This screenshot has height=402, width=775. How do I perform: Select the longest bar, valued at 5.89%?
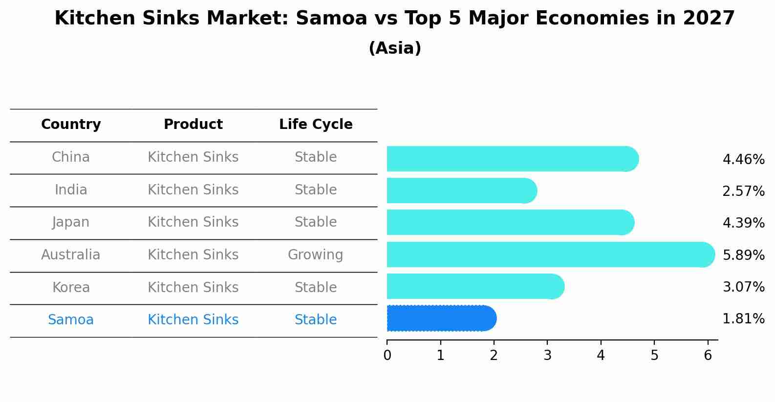(x=550, y=254)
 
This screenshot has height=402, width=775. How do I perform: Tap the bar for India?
(x=461, y=190)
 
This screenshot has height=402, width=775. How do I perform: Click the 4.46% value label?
(x=743, y=160)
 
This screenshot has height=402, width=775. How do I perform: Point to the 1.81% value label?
(x=743, y=319)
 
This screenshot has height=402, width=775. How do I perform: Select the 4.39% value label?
(x=743, y=223)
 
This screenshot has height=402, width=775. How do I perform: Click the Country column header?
(x=71, y=125)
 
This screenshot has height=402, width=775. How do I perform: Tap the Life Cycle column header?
(x=316, y=125)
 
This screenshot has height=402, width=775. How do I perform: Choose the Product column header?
(x=193, y=125)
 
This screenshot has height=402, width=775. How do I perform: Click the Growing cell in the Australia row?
(x=315, y=255)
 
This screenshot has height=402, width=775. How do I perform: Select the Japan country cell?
(x=71, y=222)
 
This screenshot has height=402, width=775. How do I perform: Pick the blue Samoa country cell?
(x=71, y=320)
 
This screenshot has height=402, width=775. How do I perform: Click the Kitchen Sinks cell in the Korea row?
(x=193, y=287)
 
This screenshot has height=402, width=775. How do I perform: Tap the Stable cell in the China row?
(x=315, y=157)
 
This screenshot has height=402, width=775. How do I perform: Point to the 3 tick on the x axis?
(x=547, y=356)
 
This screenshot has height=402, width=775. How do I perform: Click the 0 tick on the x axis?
(x=387, y=356)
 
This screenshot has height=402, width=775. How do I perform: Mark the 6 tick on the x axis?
(x=708, y=356)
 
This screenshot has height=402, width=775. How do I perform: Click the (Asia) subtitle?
(x=395, y=48)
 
